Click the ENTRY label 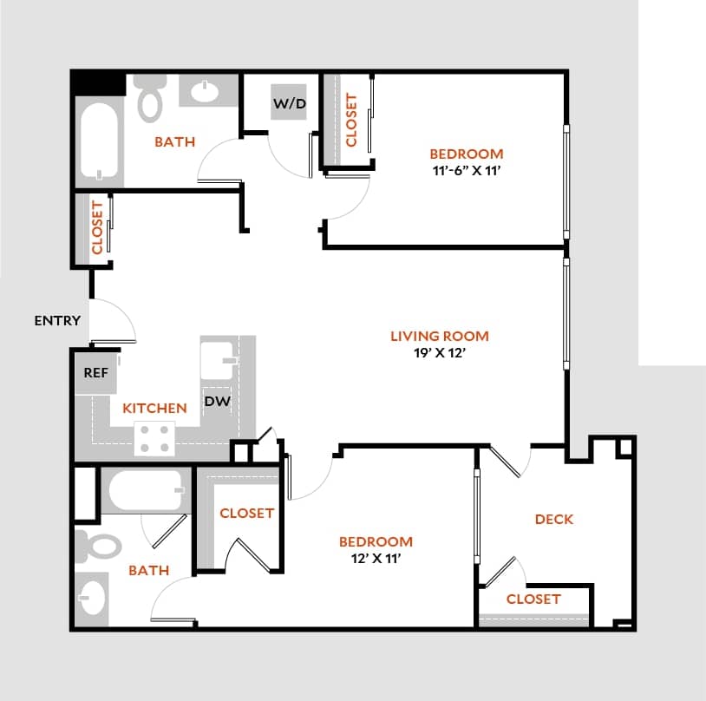(x=57, y=321)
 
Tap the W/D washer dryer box (x=290, y=105)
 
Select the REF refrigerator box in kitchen (x=95, y=373)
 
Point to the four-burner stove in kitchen (x=154, y=438)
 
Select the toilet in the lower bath (x=101, y=546)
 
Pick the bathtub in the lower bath (x=145, y=492)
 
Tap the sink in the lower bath (x=91, y=597)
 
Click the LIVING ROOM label (x=439, y=336)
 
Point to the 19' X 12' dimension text (x=439, y=353)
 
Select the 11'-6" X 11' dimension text (x=467, y=171)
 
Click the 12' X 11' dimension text (x=376, y=559)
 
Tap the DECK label (x=553, y=520)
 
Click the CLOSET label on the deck (x=533, y=599)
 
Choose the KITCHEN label (x=154, y=408)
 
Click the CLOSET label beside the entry (x=97, y=227)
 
